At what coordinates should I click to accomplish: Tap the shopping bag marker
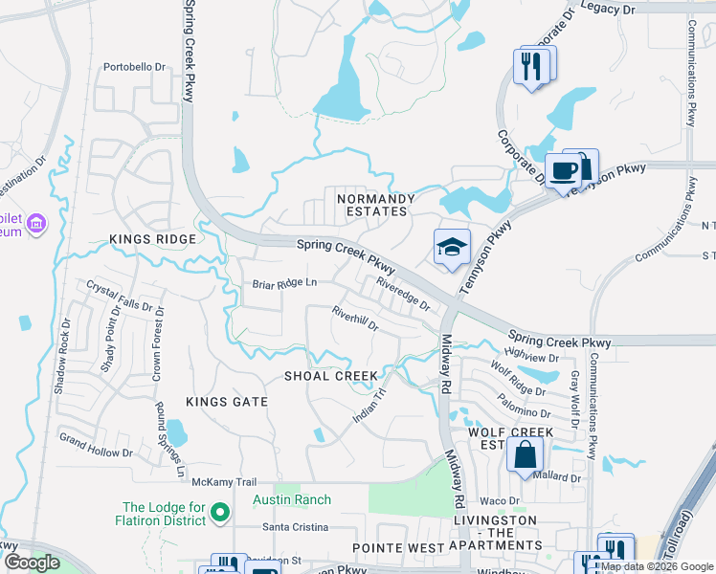pos(526,455)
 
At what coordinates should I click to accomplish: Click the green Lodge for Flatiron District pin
pos(220,514)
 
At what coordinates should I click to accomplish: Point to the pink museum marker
pos(37,224)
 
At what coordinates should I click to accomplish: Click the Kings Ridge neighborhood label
pos(152,238)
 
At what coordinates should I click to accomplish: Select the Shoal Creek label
pos(331,376)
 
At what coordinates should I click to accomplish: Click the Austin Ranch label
pos(292,499)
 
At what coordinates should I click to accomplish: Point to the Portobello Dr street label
pos(135,68)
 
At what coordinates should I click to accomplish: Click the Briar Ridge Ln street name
pos(284,283)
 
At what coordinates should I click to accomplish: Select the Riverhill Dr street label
pos(355,318)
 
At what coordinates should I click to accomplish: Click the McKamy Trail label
pos(224,482)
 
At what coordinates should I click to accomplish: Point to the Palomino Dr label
pos(523,407)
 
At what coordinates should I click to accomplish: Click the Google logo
pos(32,563)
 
